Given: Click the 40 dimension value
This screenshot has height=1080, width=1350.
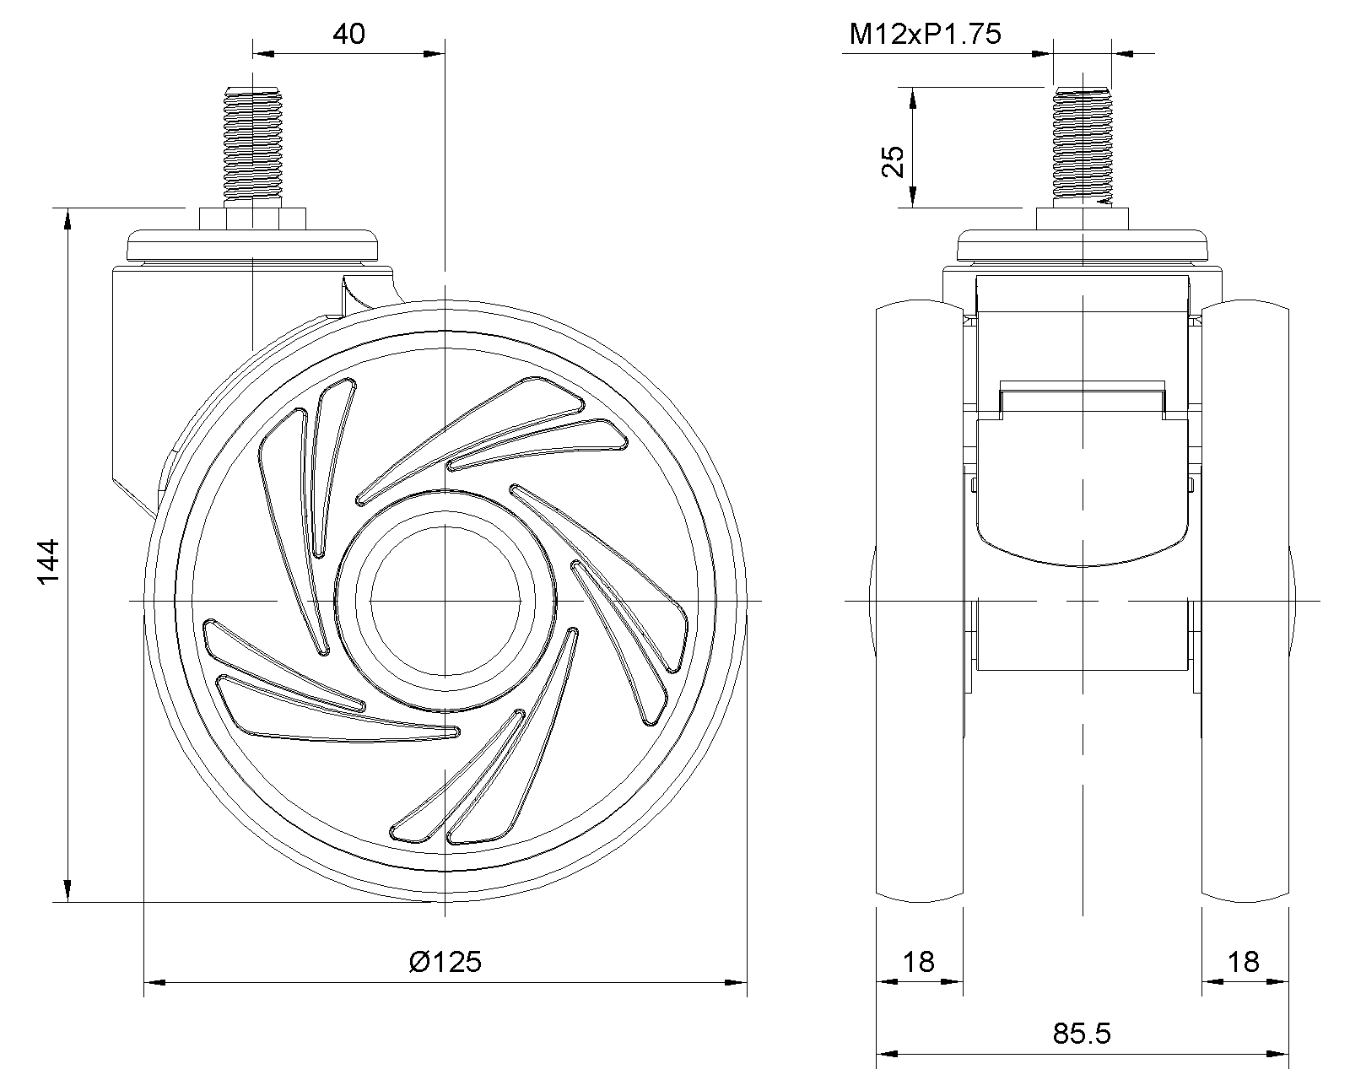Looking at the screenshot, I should click(x=348, y=35).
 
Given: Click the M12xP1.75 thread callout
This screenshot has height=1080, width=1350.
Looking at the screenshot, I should click(x=925, y=35).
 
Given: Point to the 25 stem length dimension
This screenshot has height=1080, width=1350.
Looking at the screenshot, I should click(x=892, y=161).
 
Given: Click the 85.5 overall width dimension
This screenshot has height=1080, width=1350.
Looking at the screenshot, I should click(x=1083, y=1033).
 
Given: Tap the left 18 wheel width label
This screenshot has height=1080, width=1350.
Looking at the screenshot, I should click(x=919, y=961).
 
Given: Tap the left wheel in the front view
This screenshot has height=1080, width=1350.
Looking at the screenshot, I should click(x=920, y=599).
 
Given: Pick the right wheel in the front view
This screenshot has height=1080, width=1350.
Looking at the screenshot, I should click(x=1245, y=599).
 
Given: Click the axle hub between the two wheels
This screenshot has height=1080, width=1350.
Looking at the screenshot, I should click(x=1082, y=637).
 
